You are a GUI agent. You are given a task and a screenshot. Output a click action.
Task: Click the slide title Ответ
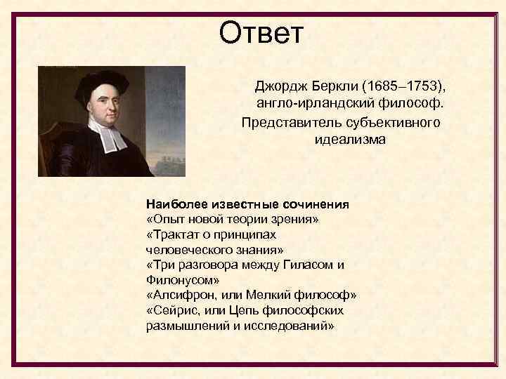pyautogui.click(x=261, y=32)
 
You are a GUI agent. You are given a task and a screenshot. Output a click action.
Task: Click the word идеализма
pyautogui.click(x=350, y=140)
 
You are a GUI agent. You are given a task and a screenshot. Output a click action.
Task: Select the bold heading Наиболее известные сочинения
pyautogui.click(x=247, y=204)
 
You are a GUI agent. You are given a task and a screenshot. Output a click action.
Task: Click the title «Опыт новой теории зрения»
pyautogui.click(x=233, y=220)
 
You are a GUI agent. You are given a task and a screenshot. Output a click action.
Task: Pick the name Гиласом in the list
pyautogui.click(x=306, y=265)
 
